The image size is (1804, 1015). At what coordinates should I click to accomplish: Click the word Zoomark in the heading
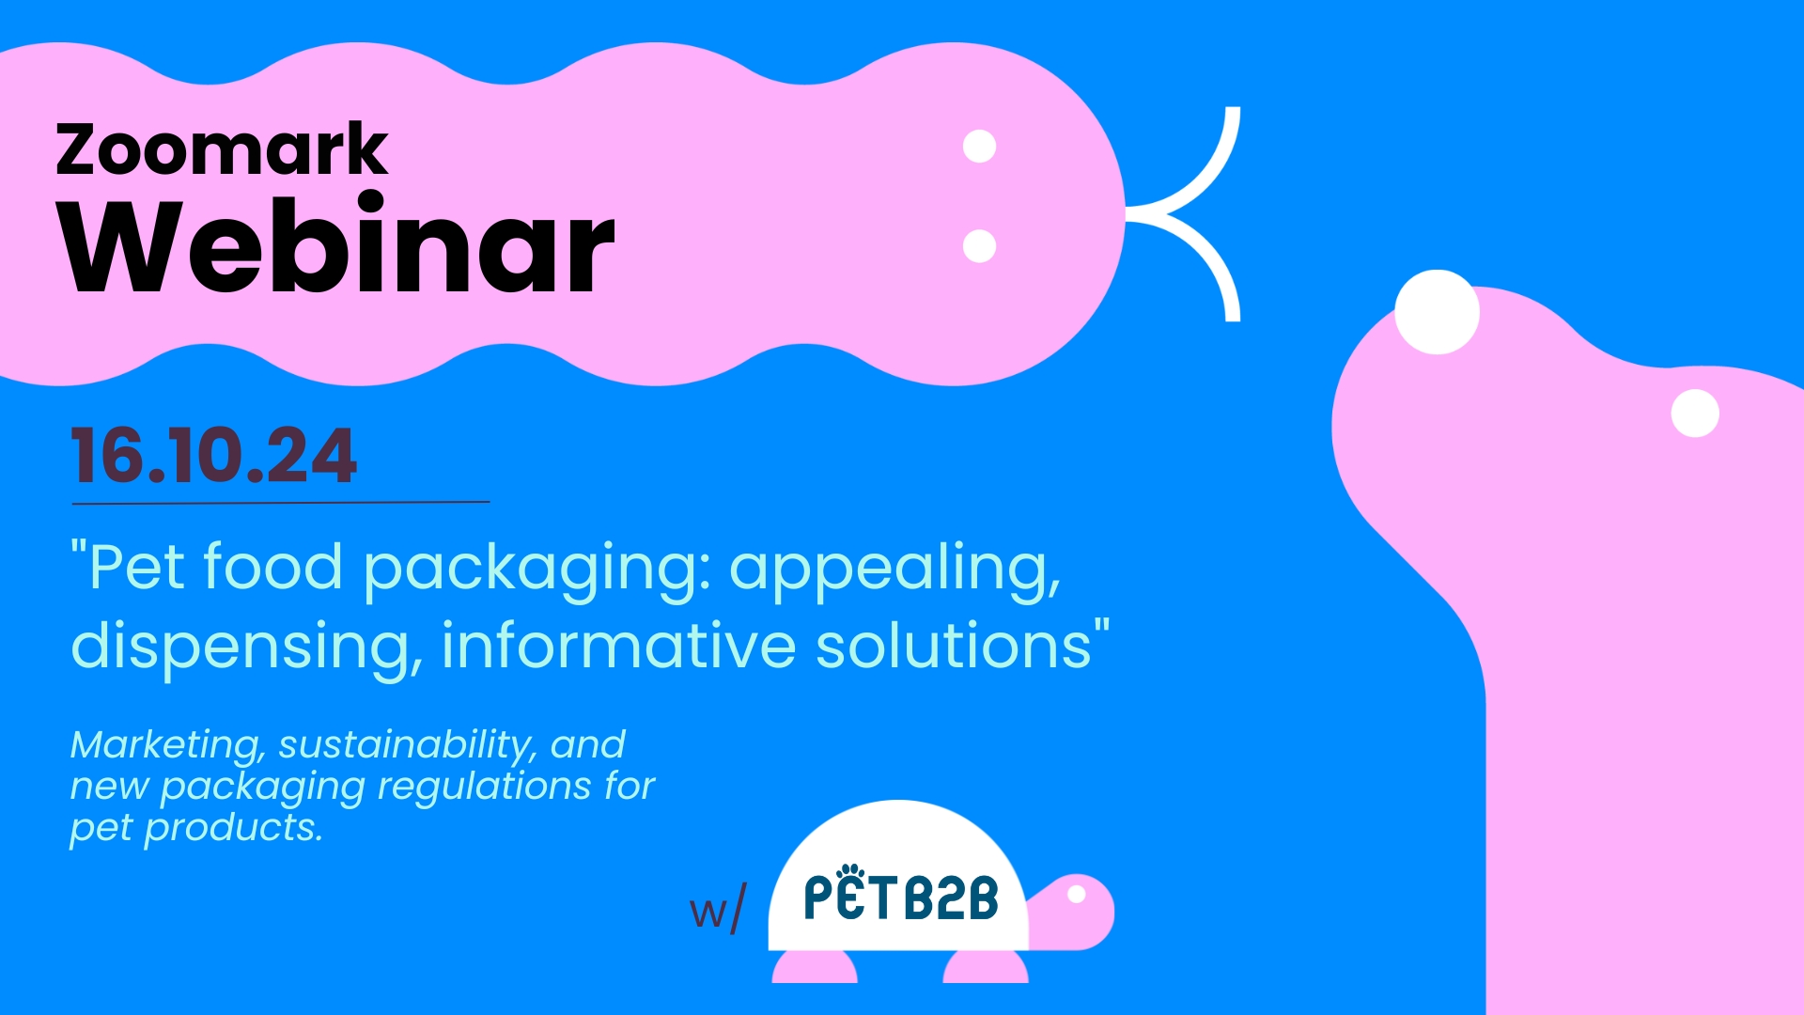point(222,149)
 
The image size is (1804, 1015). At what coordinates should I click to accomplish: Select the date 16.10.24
point(214,457)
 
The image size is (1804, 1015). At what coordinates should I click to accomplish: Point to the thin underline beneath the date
point(281,503)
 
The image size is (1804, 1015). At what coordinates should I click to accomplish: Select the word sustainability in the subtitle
point(408,745)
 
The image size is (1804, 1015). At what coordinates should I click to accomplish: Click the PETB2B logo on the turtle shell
point(901,893)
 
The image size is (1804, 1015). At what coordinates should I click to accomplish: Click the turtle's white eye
point(1077,894)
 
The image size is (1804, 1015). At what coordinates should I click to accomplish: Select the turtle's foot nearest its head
point(986,967)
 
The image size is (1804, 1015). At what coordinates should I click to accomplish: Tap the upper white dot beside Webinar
point(980,147)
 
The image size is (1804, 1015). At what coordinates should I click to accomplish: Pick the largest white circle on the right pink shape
point(1437,312)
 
